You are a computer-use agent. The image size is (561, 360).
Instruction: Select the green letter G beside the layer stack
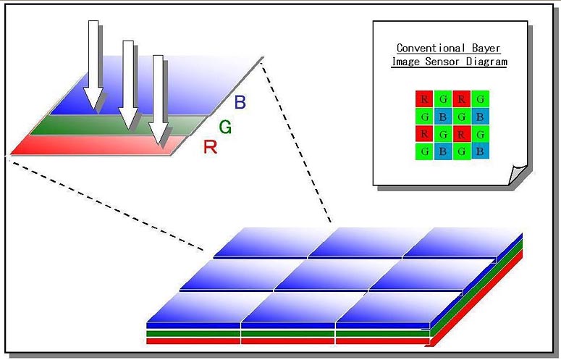[x=225, y=127]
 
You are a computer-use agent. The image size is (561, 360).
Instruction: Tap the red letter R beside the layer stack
[x=211, y=147]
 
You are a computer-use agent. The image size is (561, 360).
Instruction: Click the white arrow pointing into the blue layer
[x=93, y=65]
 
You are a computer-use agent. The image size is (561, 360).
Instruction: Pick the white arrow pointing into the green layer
[x=128, y=83]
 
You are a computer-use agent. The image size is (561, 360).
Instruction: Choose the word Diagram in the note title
[x=488, y=62]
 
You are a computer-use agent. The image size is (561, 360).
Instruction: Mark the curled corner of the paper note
[x=517, y=175]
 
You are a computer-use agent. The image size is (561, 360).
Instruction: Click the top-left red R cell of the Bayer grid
[x=424, y=99]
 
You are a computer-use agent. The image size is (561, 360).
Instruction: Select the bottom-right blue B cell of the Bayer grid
[x=478, y=151]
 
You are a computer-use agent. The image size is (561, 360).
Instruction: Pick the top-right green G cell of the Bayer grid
[x=478, y=99]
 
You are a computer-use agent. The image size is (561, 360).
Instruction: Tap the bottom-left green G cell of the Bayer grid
[x=424, y=151]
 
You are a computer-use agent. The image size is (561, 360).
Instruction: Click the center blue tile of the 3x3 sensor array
[x=329, y=275]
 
